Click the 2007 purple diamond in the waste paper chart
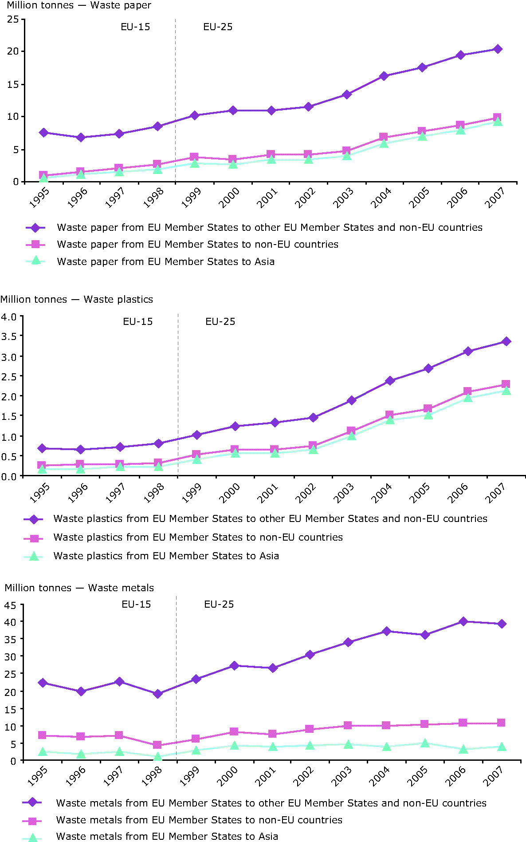(x=498, y=49)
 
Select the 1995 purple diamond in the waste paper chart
(x=43, y=132)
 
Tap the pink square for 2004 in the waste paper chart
(x=384, y=137)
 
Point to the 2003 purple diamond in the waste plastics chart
(x=352, y=400)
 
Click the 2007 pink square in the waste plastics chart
(x=506, y=384)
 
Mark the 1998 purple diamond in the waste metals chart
(x=157, y=694)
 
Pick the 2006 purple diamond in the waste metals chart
(x=463, y=621)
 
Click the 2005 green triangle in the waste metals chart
(x=425, y=743)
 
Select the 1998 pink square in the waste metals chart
(x=157, y=745)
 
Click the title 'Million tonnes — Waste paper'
(x=79, y=5)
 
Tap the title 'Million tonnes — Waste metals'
(x=79, y=588)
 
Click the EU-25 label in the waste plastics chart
(x=220, y=321)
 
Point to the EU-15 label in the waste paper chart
(x=135, y=27)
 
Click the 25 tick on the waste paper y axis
(x=13, y=19)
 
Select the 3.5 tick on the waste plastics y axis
(x=9, y=336)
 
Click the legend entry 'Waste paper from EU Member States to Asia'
(x=165, y=261)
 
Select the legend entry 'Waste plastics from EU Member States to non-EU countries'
(x=198, y=537)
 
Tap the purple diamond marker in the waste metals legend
(x=32, y=802)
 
